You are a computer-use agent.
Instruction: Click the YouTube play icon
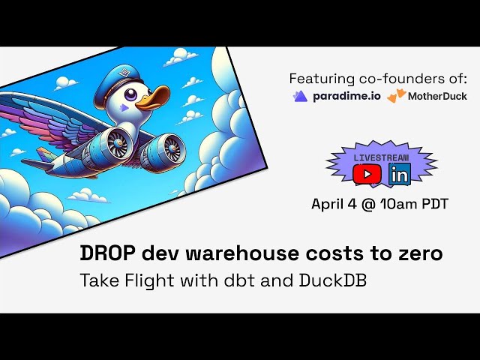367,174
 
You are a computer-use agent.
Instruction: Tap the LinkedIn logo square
400,174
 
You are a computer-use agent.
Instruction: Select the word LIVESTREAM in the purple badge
381,157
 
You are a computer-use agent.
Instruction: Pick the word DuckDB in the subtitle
333,280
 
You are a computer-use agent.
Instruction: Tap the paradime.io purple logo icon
300,96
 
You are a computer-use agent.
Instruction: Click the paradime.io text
346,97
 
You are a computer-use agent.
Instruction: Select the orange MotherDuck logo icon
397,95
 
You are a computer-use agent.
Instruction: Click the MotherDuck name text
437,96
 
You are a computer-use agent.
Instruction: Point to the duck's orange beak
152,98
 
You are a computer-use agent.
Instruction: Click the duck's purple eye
131,94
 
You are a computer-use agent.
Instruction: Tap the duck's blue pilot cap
117,82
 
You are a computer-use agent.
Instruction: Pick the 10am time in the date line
397,203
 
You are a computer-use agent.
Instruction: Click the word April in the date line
327,204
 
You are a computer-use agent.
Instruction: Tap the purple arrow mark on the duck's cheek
123,107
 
